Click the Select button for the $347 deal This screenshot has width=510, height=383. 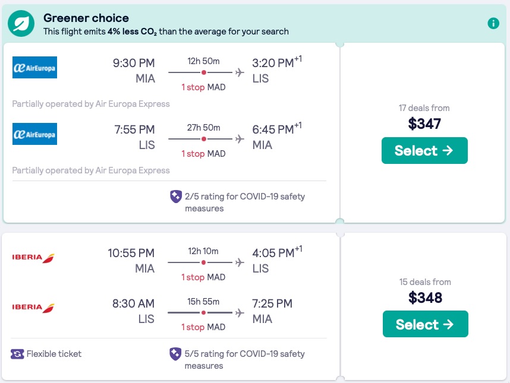(424, 151)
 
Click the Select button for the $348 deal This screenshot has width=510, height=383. (425, 324)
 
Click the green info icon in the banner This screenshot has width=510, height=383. (493, 23)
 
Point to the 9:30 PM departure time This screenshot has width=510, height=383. (134, 63)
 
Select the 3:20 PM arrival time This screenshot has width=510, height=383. (273, 63)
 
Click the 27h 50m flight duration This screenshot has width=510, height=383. (204, 127)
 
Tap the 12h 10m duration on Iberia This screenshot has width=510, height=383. (203, 251)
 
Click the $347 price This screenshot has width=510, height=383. (424, 124)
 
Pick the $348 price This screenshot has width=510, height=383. (425, 297)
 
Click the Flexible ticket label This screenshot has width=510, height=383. (54, 354)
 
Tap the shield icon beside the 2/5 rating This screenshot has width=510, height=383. (176, 197)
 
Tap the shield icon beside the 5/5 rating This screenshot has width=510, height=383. (176, 354)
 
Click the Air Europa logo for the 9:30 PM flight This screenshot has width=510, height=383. (34, 68)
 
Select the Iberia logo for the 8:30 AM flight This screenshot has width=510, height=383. (33, 308)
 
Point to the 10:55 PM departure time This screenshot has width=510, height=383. (131, 253)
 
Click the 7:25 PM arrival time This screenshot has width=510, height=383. (272, 303)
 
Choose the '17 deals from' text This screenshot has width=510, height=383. (424, 108)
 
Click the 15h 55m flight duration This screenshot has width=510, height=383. (203, 301)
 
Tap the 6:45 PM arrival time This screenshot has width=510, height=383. (273, 129)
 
